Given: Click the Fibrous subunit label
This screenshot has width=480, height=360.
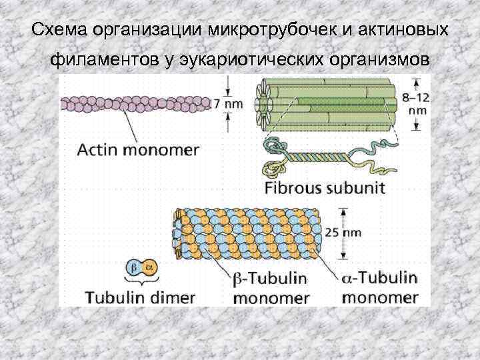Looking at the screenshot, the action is [325, 187].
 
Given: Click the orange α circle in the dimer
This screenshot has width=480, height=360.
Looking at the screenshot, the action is [149, 266].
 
